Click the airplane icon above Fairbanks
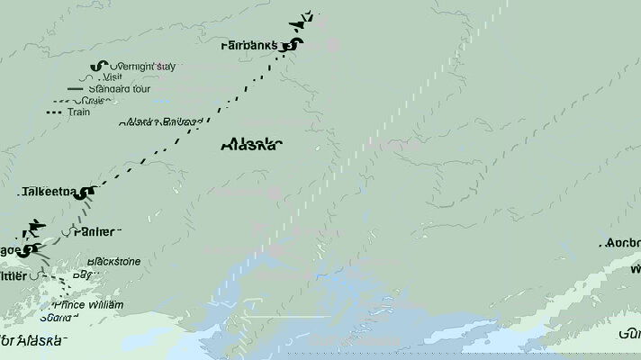coord(305,18)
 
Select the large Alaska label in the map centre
coord(250,145)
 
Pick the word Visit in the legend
coord(113,78)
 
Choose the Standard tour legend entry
coord(119,89)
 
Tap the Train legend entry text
coord(78,112)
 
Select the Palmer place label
coord(97,232)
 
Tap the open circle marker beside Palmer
coord(67,232)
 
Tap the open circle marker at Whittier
coord(35,276)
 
